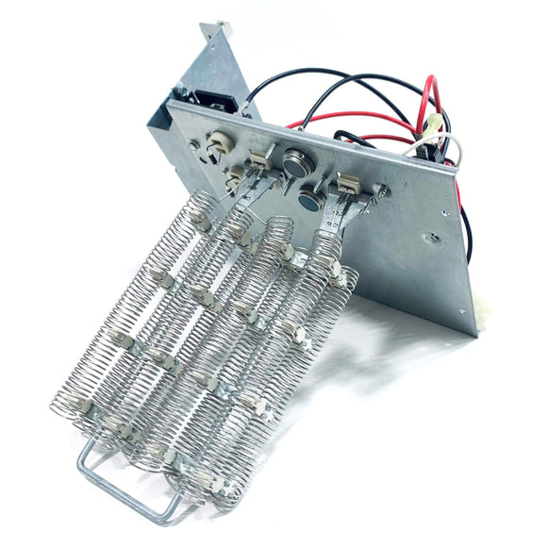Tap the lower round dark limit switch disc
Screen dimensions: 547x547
pos(309,199)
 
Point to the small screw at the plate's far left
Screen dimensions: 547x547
pos(193,146)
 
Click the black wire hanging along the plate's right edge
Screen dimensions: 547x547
pos(466,226)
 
